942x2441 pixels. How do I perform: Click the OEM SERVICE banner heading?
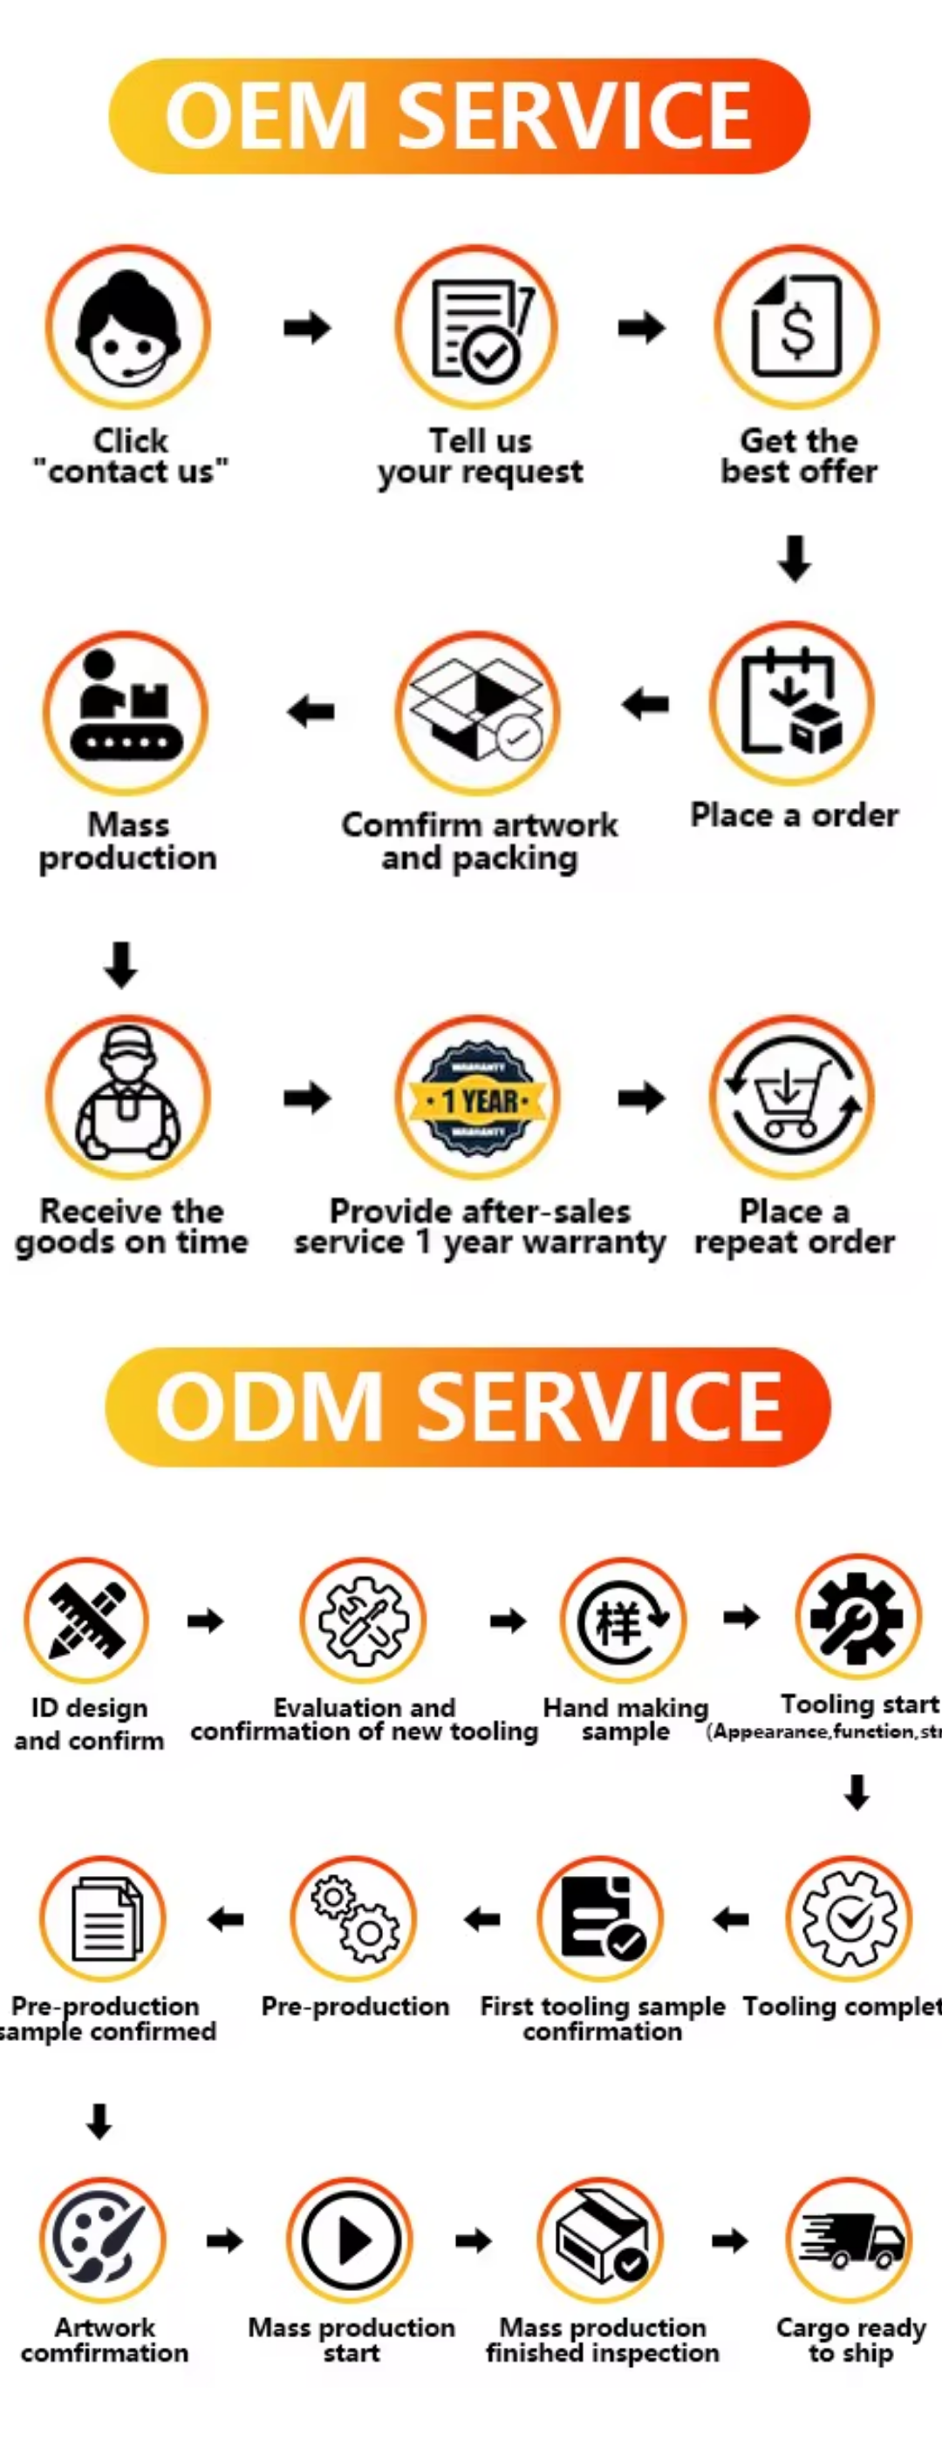click(x=459, y=116)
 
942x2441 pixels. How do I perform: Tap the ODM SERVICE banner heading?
click(x=468, y=1406)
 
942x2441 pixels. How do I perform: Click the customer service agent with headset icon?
click(x=128, y=327)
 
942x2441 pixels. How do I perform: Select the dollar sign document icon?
click(x=796, y=327)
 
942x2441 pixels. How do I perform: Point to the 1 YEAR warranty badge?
click(x=478, y=1098)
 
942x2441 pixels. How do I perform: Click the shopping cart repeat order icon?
click(x=791, y=1098)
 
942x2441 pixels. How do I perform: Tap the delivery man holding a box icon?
click(x=128, y=1098)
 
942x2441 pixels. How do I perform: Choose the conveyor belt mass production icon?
click(x=126, y=712)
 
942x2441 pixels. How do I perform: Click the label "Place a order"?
click(x=795, y=815)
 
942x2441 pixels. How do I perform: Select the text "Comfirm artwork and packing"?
click(x=480, y=840)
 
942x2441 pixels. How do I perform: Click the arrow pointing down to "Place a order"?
click(x=795, y=558)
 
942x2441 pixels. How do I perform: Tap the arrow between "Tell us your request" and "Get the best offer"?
click(x=642, y=328)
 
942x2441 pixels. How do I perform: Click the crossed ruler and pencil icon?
click(x=87, y=1620)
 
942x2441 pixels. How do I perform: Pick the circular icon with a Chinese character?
click(x=623, y=1620)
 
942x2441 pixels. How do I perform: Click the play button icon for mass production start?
click(x=351, y=2240)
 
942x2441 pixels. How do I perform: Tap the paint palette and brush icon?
click(x=102, y=2240)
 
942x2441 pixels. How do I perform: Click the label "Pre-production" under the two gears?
click(x=355, y=2006)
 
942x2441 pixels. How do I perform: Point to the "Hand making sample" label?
click(x=625, y=1719)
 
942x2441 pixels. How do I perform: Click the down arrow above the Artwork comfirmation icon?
click(x=99, y=2121)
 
